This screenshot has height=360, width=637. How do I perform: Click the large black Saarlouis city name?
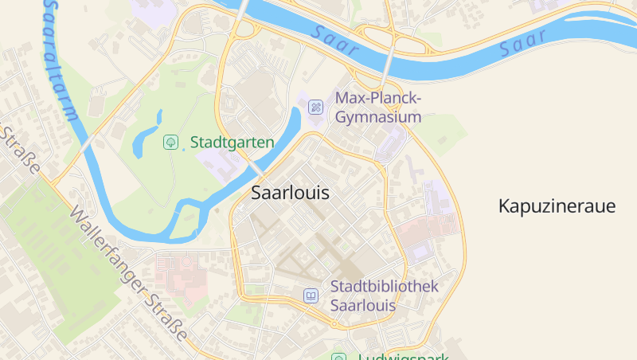click(x=290, y=193)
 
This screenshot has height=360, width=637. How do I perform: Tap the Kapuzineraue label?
click(x=557, y=206)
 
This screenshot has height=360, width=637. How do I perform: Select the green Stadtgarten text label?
click(x=232, y=143)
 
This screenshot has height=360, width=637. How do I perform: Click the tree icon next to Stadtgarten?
click(x=170, y=143)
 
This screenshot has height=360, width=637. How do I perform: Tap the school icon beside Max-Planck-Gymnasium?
click(x=316, y=107)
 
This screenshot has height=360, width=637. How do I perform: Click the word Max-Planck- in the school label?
click(x=378, y=98)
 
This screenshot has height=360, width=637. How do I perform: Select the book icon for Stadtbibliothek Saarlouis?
click(x=311, y=295)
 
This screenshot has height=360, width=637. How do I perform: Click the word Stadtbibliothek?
click(x=384, y=286)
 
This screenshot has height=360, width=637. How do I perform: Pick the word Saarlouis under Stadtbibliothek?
click(x=363, y=306)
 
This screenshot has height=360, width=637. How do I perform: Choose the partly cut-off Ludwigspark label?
click(x=403, y=356)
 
